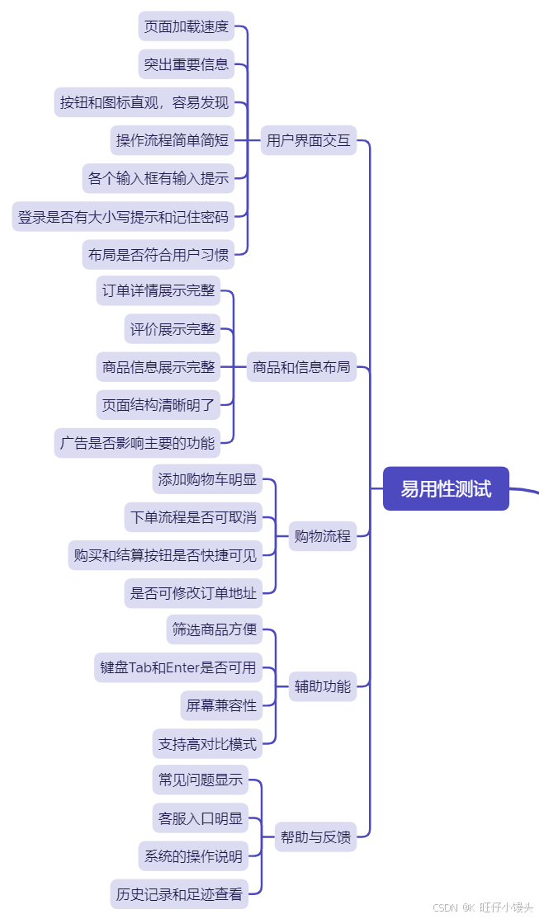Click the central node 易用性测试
click(x=446, y=488)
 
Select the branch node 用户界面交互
click(x=309, y=140)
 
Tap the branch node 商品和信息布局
click(x=301, y=367)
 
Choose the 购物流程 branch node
click(x=323, y=535)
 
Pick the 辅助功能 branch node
click(x=323, y=686)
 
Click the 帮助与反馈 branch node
click(x=315, y=837)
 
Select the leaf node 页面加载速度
click(x=187, y=26)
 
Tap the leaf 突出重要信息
click(x=187, y=64)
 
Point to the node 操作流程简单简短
click(x=173, y=140)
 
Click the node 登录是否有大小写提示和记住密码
click(x=123, y=216)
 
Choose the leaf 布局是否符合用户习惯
click(x=158, y=254)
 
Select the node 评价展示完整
click(x=173, y=329)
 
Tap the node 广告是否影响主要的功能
click(x=137, y=443)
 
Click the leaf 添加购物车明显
click(x=207, y=479)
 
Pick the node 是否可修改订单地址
click(x=193, y=593)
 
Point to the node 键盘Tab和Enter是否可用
click(x=178, y=667)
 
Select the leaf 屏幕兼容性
click(x=221, y=705)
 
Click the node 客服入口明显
click(x=201, y=818)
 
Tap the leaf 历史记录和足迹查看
click(x=179, y=893)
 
